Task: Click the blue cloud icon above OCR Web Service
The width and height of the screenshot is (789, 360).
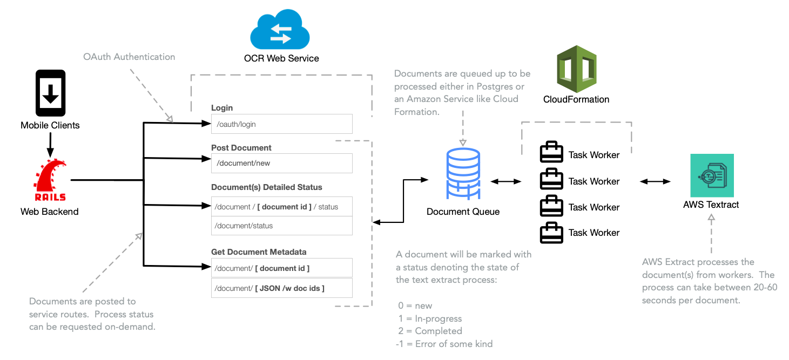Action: coord(280,31)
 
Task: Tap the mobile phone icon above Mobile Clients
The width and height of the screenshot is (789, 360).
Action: coord(50,93)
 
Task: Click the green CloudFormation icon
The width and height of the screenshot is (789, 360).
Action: coord(576,69)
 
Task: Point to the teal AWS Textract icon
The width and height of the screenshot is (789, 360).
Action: coord(712,175)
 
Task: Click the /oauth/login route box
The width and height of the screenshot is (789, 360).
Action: coord(281,124)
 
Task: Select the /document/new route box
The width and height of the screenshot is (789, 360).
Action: coord(281,164)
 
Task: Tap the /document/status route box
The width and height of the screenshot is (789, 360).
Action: coord(281,226)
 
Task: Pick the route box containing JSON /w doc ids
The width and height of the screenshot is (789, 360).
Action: coord(281,288)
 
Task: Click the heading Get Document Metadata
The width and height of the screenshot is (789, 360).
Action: coord(259,252)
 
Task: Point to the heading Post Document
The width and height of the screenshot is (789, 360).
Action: coord(241,148)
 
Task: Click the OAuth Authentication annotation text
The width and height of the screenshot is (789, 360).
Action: coord(129,57)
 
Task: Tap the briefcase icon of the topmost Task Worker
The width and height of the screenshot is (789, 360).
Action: coord(551,153)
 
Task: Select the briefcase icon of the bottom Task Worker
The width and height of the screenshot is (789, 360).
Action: coord(551,233)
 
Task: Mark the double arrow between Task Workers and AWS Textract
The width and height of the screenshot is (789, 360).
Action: coord(655,182)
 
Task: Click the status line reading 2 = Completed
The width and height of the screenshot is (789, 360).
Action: coord(430,331)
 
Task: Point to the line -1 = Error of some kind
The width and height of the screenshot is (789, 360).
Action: coord(444,344)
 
